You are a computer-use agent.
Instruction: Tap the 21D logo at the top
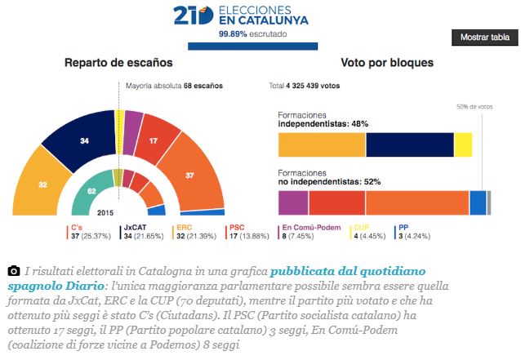point(192,16)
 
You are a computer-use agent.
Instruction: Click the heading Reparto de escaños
point(118,63)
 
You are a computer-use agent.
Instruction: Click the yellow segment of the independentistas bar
point(463,144)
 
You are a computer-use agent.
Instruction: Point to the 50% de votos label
point(474,106)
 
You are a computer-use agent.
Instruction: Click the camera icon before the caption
point(13,270)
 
